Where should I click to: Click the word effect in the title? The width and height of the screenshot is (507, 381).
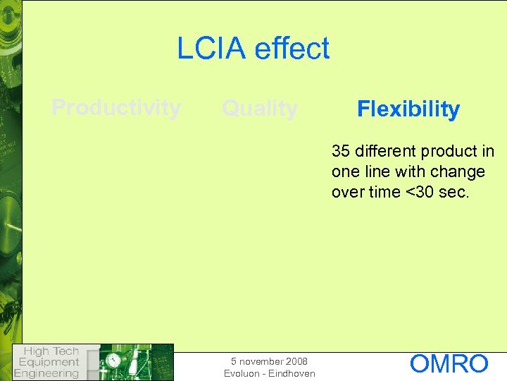292,49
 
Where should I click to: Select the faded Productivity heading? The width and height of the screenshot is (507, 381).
116,108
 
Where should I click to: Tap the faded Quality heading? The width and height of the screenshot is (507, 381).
260,109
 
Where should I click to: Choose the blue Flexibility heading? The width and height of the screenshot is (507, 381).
408,109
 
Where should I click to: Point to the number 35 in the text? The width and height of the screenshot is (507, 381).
341,152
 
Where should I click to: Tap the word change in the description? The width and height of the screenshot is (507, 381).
459,171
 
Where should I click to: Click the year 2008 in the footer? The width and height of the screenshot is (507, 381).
296,361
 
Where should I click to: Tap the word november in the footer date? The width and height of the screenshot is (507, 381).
262,361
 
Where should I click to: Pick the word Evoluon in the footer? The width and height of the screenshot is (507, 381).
242,373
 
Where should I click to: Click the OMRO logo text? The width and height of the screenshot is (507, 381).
449,364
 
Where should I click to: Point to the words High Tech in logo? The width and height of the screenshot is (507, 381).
51,351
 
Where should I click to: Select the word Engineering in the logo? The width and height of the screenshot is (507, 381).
46,373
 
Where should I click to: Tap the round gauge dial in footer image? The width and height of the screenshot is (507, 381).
113,361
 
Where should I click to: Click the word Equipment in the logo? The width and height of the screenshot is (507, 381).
49,362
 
